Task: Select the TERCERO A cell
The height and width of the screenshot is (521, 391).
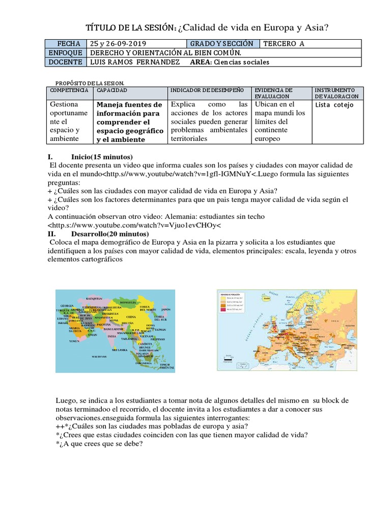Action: tap(284, 43)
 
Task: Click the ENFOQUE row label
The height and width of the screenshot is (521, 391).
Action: tap(66, 52)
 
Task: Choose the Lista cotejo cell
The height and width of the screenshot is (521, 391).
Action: tap(334, 105)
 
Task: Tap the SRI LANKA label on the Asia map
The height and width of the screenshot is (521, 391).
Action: tap(120, 350)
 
